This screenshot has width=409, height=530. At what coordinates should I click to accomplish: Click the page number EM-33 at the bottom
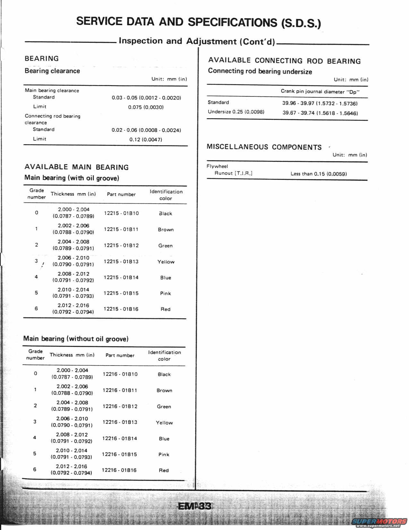pyautogui.click(x=194, y=506)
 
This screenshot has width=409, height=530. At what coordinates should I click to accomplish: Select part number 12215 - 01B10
pyautogui.click(x=121, y=213)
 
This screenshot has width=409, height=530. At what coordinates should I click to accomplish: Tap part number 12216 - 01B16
pyautogui.click(x=119, y=470)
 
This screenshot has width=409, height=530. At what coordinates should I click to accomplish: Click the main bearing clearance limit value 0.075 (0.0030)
pyautogui.click(x=146, y=107)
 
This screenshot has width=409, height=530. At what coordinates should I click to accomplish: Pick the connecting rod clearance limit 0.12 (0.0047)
pyautogui.click(x=146, y=139)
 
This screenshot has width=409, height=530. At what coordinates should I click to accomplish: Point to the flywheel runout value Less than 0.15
pyautogui.click(x=319, y=174)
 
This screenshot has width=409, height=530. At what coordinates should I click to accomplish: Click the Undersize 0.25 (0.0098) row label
pyautogui.click(x=236, y=112)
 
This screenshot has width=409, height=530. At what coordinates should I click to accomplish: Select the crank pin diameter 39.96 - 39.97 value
pyautogui.click(x=320, y=103)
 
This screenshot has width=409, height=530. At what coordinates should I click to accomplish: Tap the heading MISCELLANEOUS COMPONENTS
pyautogui.click(x=264, y=147)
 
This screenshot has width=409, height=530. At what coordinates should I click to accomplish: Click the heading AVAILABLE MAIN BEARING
pyautogui.click(x=77, y=167)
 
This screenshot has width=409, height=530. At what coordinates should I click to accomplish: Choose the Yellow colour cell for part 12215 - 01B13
pyautogui.click(x=166, y=262)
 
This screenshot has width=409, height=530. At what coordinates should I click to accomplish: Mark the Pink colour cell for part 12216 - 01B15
pyautogui.click(x=164, y=455)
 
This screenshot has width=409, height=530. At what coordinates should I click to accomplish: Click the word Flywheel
pyautogui.click(x=217, y=166)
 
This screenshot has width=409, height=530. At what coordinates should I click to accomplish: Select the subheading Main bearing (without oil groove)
pyautogui.click(x=76, y=339)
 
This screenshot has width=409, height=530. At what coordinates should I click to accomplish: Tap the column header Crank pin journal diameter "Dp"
pyautogui.click(x=320, y=92)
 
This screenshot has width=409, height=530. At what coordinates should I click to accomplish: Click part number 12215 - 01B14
pyautogui.click(x=121, y=278)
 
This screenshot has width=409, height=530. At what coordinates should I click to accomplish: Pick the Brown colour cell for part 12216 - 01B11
pyautogui.click(x=164, y=391)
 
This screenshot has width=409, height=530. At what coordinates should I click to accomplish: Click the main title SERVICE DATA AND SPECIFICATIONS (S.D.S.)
pyautogui.click(x=199, y=22)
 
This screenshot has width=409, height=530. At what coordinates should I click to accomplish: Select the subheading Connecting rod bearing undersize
pyautogui.click(x=260, y=71)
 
